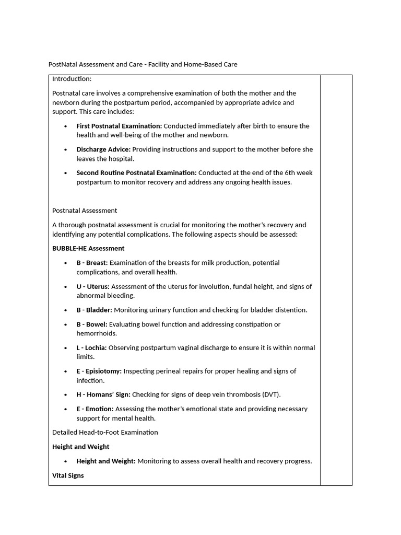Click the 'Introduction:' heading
point(72,79)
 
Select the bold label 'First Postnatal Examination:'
point(119,126)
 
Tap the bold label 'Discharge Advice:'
point(103,149)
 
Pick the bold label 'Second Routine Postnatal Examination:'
point(136,173)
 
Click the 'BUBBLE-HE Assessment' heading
point(88,249)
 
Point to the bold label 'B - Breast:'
point(92,263)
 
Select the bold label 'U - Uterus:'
point(93,286)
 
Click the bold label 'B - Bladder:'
point(94,310)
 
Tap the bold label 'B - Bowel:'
point(92,324)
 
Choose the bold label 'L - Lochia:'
point(91,348)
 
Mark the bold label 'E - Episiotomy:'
point(99,371)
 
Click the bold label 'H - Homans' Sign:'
point(103,395)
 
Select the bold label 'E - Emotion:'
point(95,409)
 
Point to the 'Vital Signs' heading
point(68,476)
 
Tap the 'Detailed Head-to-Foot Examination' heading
point(105,433)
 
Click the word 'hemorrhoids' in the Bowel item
point(97,333)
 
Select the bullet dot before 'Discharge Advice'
point(65,150)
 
